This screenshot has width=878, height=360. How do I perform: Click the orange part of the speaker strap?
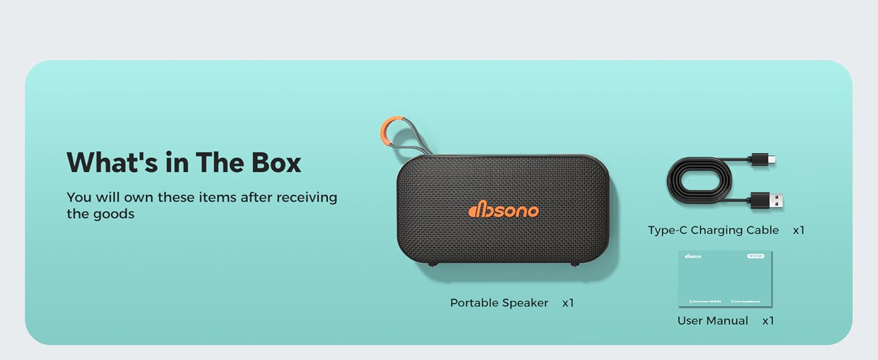[x=386, y=130]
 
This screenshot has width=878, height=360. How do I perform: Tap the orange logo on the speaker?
[x=503, y=210]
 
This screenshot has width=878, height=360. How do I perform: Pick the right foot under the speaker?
[x=575, y=265]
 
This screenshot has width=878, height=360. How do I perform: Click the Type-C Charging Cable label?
[x=713, y=230]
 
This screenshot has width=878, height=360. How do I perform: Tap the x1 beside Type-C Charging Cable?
[x=798, y=230]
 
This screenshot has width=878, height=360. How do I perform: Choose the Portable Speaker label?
[x=499, y=303]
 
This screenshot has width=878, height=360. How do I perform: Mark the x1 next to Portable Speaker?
[x=568, y=303]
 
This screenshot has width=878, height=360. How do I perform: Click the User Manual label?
[x=712, y=321]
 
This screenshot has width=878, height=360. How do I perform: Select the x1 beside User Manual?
[x=768, y=321]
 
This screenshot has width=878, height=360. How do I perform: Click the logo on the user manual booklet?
[x=693, y=256]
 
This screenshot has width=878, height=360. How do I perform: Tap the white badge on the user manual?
[x=756, y=256]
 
